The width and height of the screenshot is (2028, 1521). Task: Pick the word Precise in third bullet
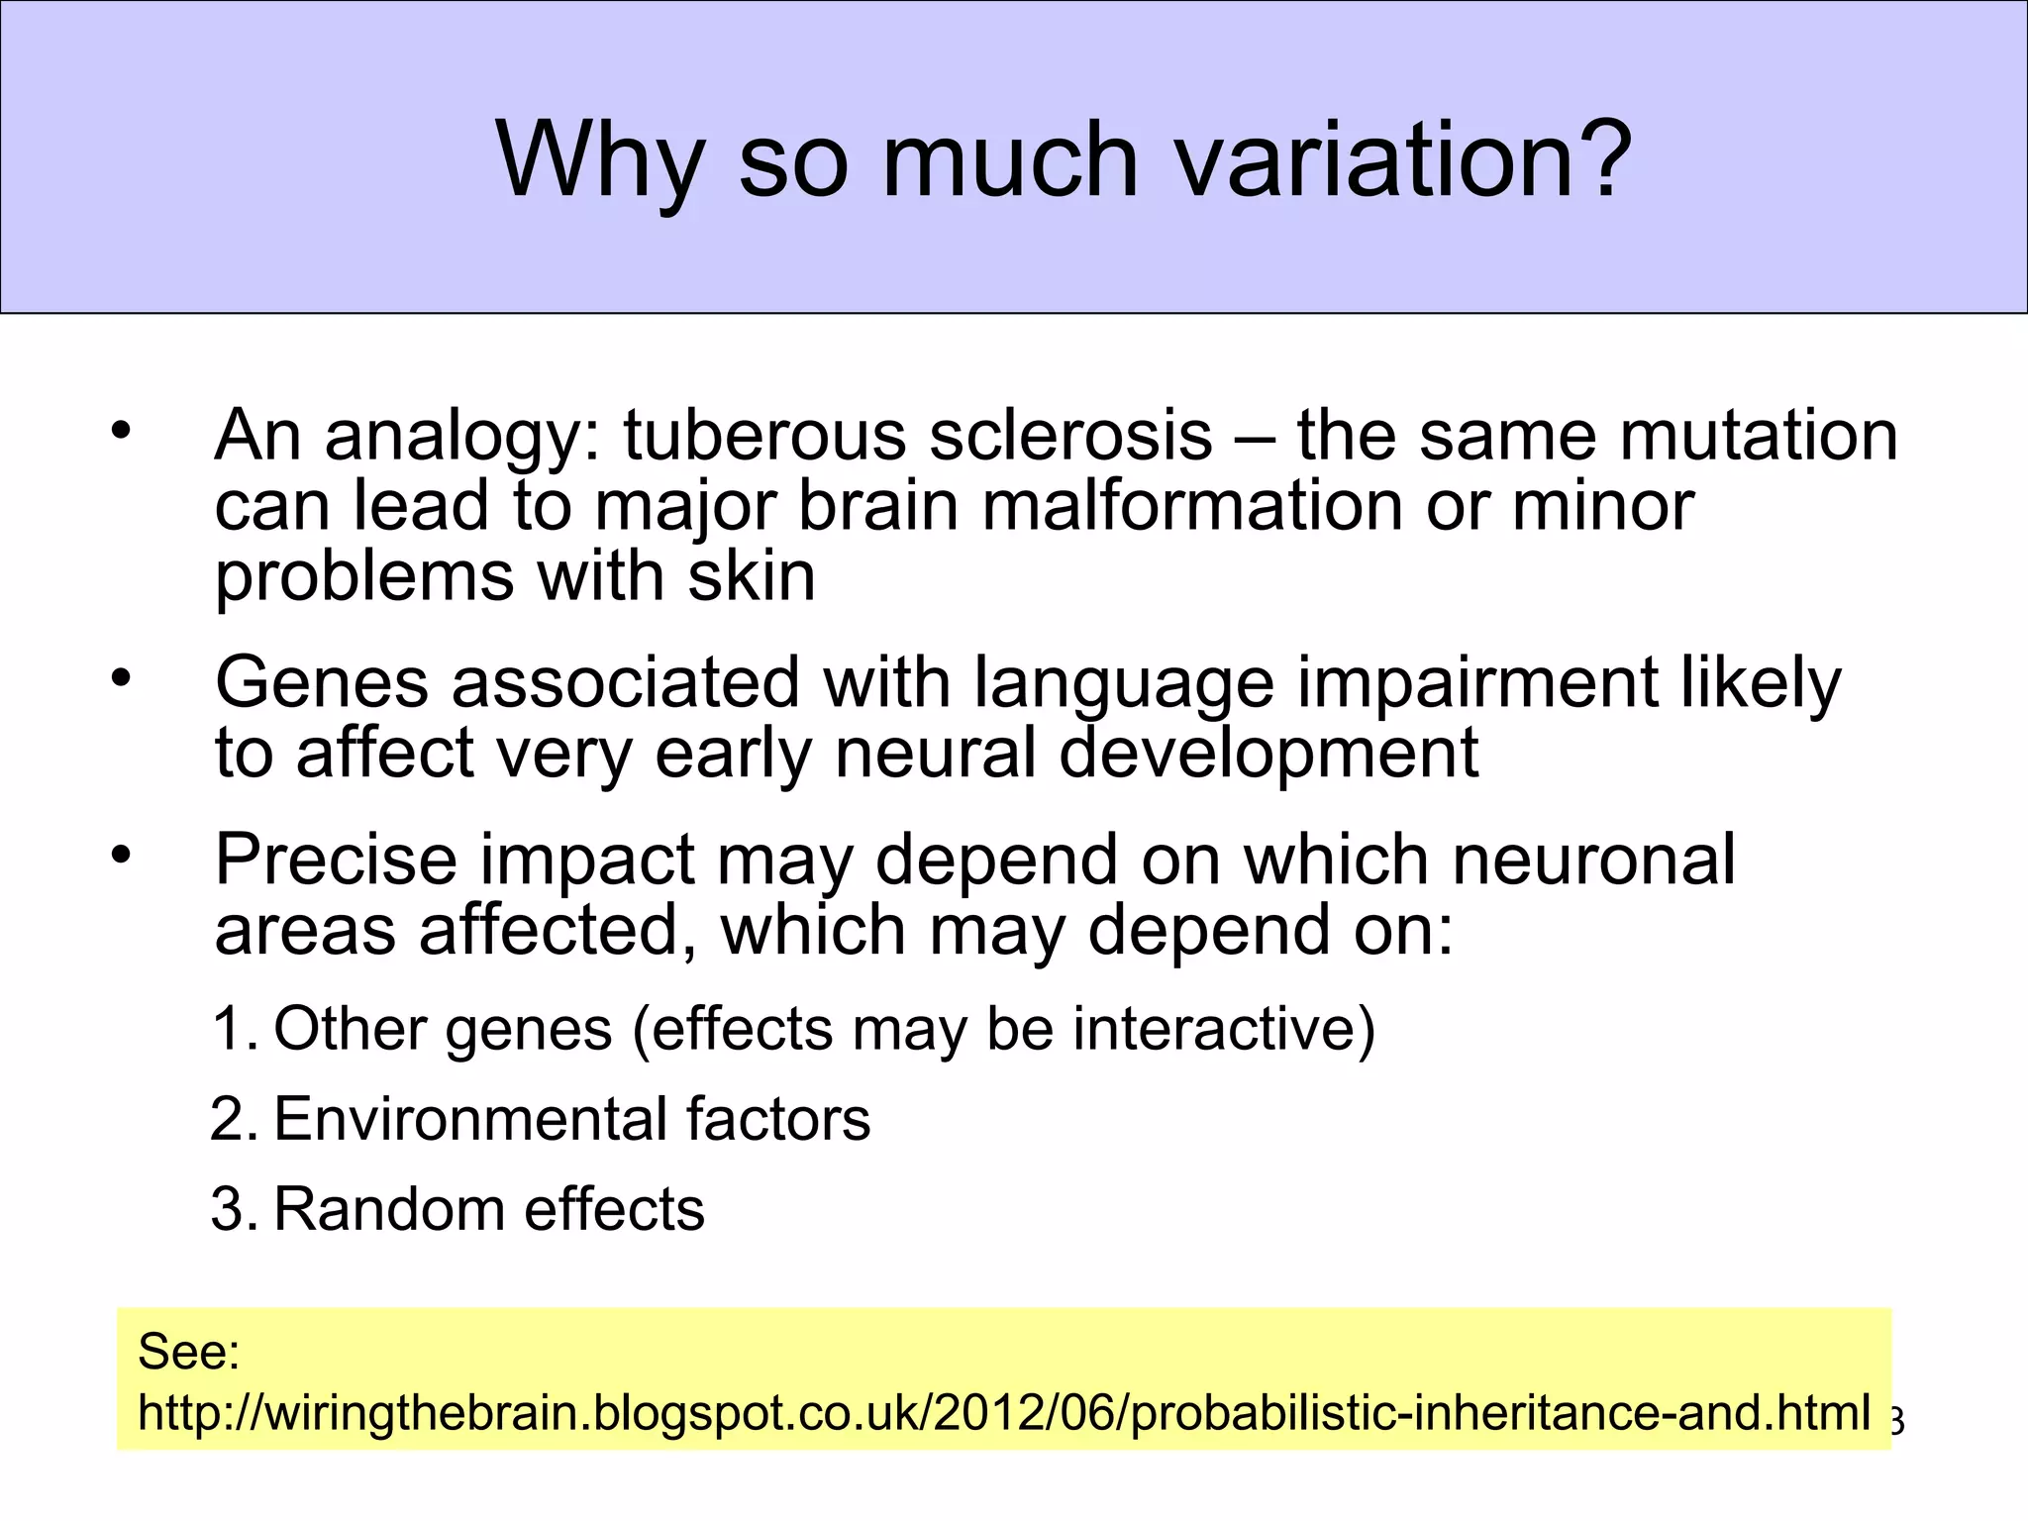(336, 859)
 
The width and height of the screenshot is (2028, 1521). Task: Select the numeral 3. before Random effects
(235, 1209)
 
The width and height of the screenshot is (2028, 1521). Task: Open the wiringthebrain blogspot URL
(1003, 1412)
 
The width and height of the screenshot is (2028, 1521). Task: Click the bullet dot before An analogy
(121, 431)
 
